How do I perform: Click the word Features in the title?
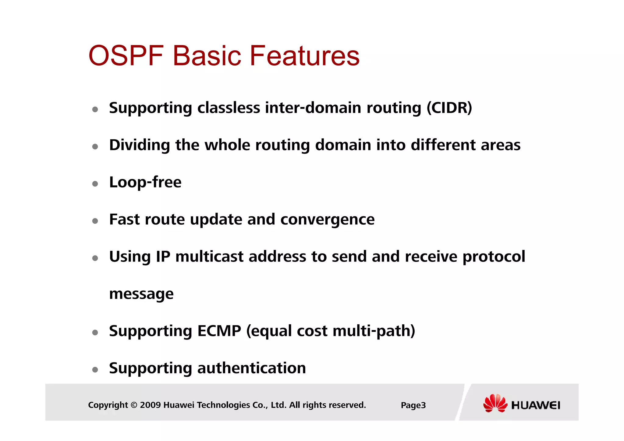[304, 55]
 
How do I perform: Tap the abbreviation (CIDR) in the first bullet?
[449, 108]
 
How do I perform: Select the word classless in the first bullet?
[229, 108]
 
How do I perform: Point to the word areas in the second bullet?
[500, 145]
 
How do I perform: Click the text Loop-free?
[145, 182]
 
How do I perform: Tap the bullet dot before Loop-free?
[95, 184]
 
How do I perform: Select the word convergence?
[327, 219]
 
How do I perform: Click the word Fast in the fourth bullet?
[124, 219]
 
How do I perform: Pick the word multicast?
[209, 257]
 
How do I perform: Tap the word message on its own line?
[141, 294]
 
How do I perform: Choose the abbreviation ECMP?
[219, 331]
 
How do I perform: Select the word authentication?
[251, 368]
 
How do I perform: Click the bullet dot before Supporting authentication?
[95, 370]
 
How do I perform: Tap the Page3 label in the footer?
[413, 405]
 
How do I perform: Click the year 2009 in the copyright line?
[150, 405]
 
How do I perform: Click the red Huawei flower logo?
[495, 403]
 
